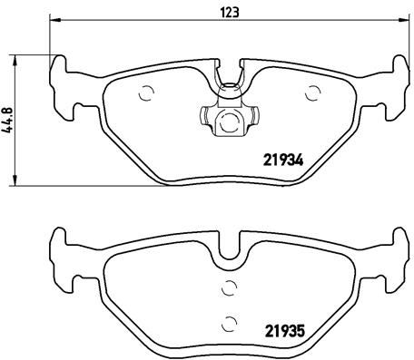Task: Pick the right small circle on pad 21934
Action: pos(313,92)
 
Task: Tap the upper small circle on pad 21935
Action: pos(229,287)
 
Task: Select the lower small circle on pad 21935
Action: pos(229,321)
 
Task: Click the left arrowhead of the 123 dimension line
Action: pos(53,22)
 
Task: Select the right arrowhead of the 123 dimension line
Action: pos(403,22)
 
